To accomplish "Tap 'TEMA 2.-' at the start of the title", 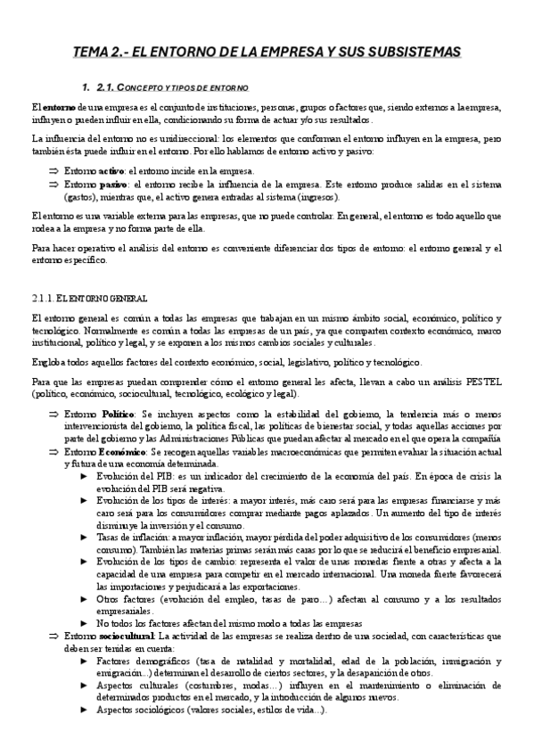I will [x=100, y=53].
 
